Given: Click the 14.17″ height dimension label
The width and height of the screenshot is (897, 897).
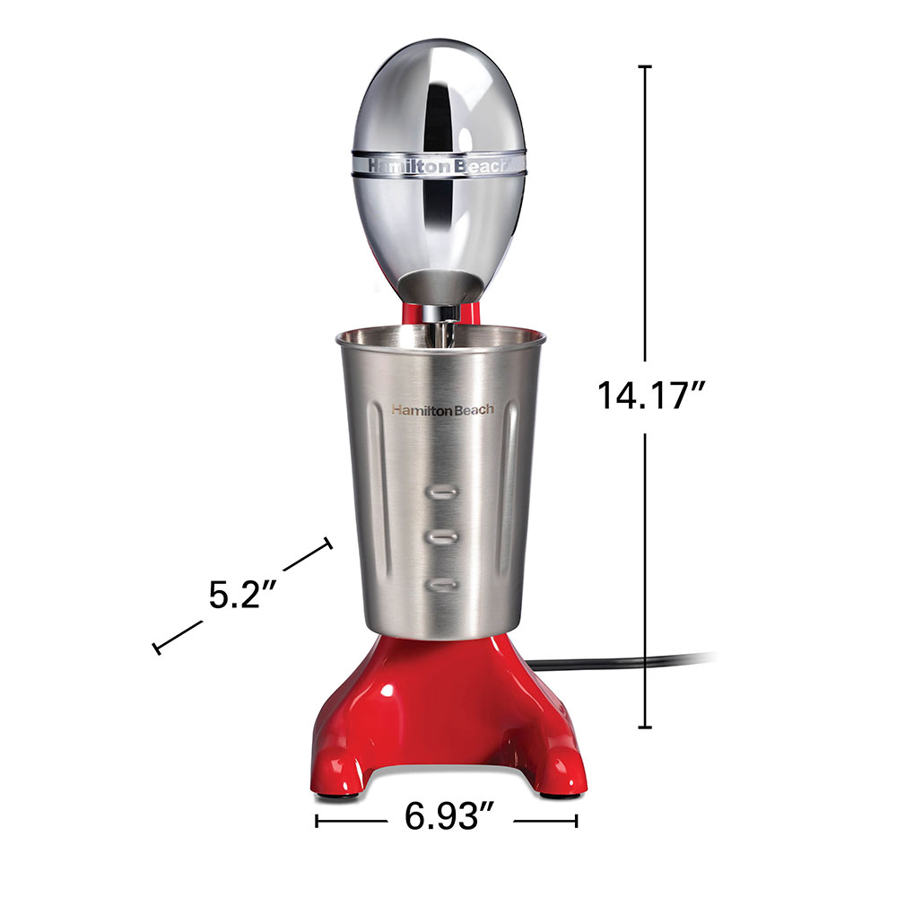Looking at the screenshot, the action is tap(651, 396).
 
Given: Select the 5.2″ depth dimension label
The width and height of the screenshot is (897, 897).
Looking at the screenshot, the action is tap(242, 595).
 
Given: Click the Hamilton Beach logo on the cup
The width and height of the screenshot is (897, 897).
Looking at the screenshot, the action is tap(443, 410).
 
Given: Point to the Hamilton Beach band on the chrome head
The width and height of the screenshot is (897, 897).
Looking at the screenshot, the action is tap(439, 165).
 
